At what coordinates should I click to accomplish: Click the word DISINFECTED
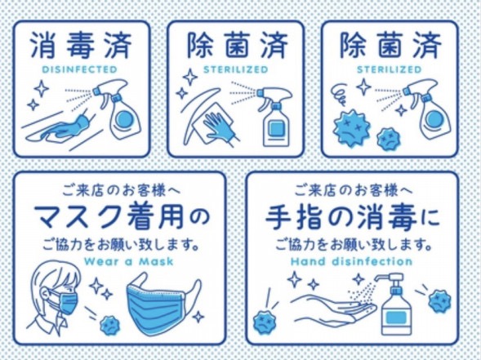pyautogui.click(x=80, y=69)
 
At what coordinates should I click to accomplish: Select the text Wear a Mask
pyautogui.click(x=128, y=261)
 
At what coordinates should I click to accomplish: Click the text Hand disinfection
pyautogui.click(x=351, y=261)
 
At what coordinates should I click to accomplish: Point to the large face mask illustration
pyautogui.click(x=163, y=304)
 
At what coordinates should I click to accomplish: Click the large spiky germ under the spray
pyautogui.click(x=351, y=127)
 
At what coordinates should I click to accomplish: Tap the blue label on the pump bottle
pyautogui.click(x=394, y=317)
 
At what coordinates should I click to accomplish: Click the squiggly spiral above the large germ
pyautogui.click(x=341, y=95)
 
